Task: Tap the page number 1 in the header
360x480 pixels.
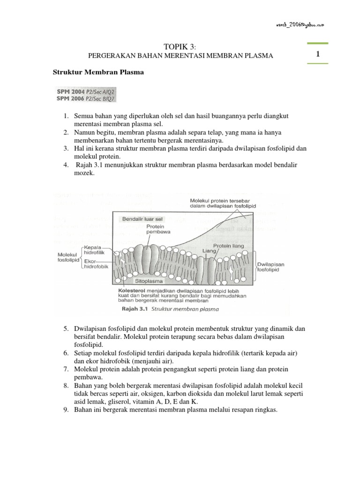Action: click(x=318, y=55)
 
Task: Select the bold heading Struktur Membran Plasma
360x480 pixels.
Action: click(x=97, y=74)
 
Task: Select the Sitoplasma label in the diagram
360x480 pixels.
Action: click(x=149, y=282)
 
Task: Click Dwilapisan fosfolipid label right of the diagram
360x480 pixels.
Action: click(x=271, y=267)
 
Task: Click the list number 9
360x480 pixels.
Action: click(x=66, y=409)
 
